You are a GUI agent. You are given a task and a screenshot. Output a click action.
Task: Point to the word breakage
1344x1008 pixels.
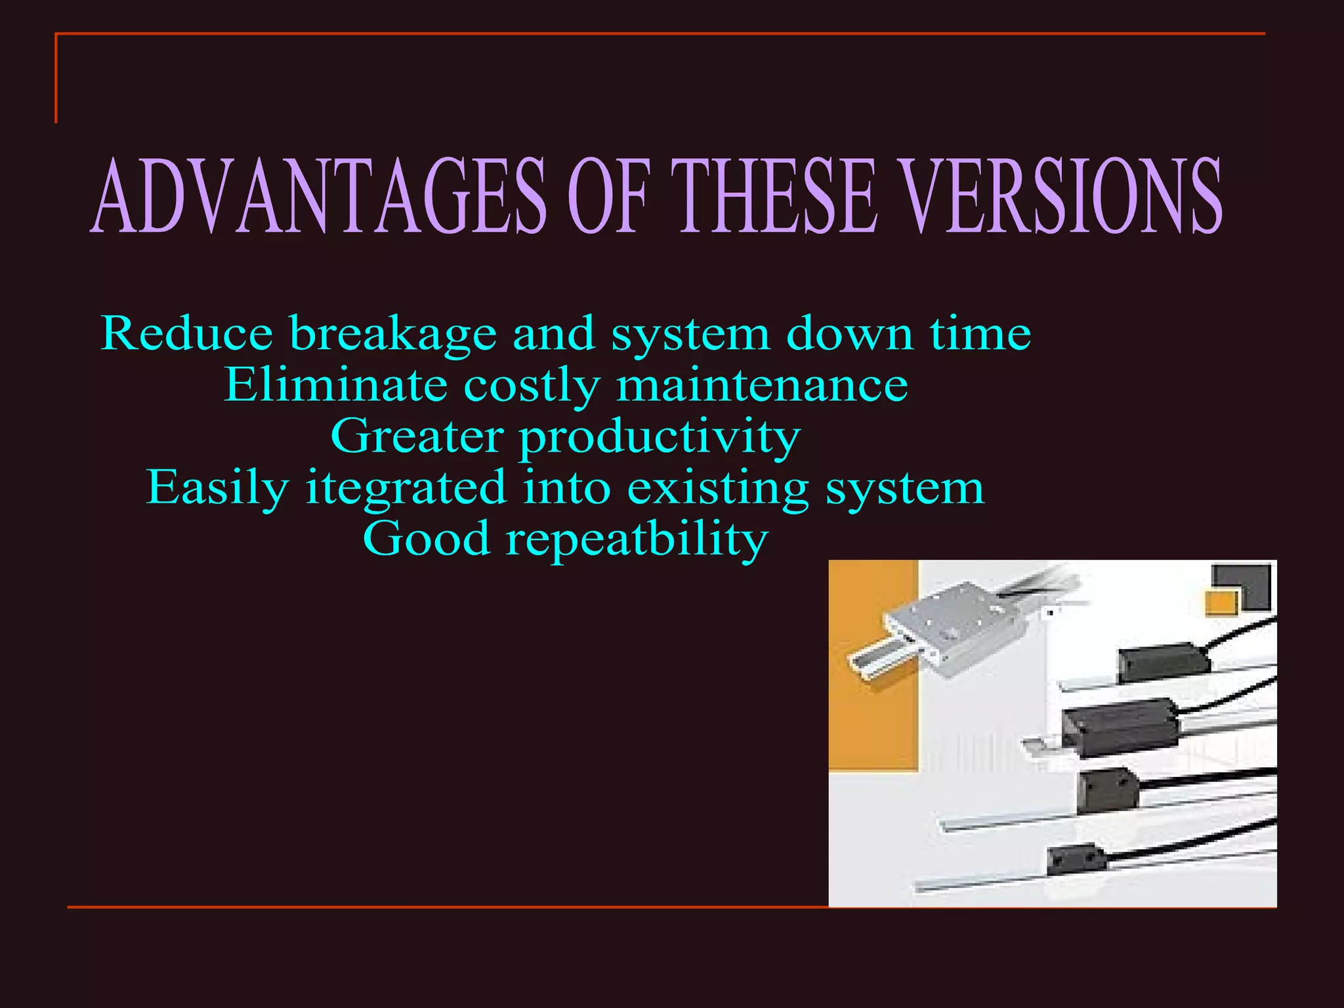click(393, 335)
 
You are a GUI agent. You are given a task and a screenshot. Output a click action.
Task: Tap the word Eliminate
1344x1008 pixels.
click(335, 385)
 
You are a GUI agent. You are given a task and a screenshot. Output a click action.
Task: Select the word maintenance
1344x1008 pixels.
click(762, 385)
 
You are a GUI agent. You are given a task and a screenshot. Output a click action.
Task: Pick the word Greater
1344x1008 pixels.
click(417, 436)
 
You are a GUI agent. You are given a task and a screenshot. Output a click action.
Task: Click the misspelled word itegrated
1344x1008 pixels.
click(406, 490)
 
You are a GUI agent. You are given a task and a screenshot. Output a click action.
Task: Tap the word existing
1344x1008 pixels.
click(718, 490)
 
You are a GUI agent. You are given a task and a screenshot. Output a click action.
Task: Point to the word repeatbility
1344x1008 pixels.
click(636, 541)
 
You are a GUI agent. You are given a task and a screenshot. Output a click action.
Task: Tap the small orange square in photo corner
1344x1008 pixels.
click(1221, 602)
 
